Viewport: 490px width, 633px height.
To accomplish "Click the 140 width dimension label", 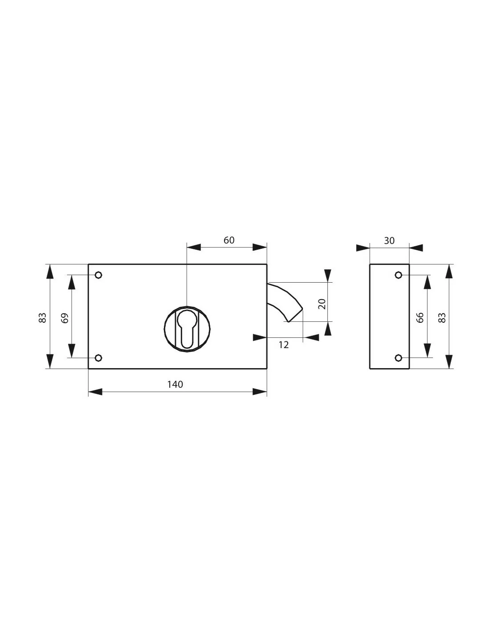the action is pyautogui.click(x=175, y=384).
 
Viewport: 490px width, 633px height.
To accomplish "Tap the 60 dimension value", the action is pyautogui.click(x=229, y=240).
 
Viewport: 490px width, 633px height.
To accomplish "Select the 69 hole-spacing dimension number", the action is pyautogui.click(x=65, y=318).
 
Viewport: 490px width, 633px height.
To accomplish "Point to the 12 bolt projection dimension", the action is pyautogui.click(x=284, y=345).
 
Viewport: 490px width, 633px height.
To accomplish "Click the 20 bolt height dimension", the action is pyautogui.click(x=322, y=304).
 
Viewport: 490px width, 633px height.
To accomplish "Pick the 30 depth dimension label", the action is pyautogui.click(x=389, y=241).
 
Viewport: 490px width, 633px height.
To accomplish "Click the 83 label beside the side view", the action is pyautogui.click(x=442, y=317).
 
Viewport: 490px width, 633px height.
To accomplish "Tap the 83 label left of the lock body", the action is pyautogui.click(x=43, y=317).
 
